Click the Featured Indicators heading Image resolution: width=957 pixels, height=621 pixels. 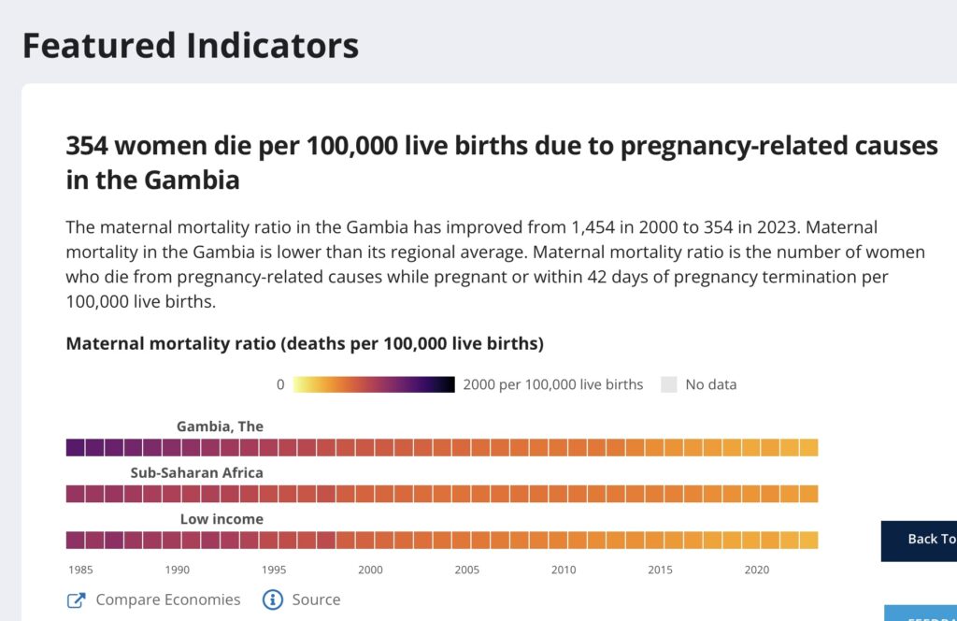(x=190, y=45)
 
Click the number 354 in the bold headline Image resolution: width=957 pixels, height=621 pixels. (x=93, y=146)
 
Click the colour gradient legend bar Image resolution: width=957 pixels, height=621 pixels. (x=374, y=384)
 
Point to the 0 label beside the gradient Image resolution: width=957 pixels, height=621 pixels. (x=280, y=384)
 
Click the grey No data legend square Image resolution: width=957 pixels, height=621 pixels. (x=668, y=384)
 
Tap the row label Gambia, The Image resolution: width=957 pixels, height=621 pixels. (x=220, y=426)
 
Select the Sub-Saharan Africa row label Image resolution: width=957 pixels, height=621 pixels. (x=196, y=472)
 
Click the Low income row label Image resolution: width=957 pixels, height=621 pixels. (x=221, y=519)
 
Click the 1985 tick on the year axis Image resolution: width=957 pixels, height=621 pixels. (x=79, y=570)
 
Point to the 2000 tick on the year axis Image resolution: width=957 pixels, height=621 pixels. (x=370, y=570)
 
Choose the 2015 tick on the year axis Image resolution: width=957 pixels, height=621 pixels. (x=660, y=570)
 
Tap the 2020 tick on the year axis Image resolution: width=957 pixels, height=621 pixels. (x=756, y=570)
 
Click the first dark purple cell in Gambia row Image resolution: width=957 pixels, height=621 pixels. (x=75, y=447)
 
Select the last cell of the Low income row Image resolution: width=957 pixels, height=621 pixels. (x=808, y=540)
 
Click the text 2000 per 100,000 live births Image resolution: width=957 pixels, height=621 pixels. (x=553, y=384)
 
